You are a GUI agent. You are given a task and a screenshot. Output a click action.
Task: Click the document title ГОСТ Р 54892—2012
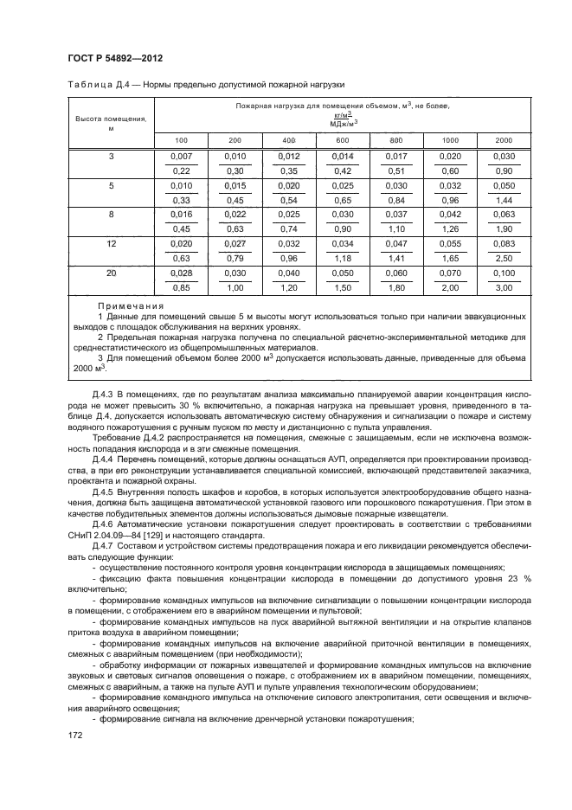tap(115, 58)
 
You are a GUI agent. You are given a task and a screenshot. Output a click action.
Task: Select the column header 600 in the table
tap(343, 139)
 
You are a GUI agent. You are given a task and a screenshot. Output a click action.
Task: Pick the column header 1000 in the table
tap(450, 139)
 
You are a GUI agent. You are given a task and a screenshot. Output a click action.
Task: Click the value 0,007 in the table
tap(181, 155)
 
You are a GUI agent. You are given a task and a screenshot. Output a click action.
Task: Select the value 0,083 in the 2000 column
tap(504, 245)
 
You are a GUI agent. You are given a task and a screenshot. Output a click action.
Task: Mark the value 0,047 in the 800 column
tap(396, 245)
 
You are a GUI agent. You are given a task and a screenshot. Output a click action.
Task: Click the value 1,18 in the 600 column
tap(343, 257)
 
